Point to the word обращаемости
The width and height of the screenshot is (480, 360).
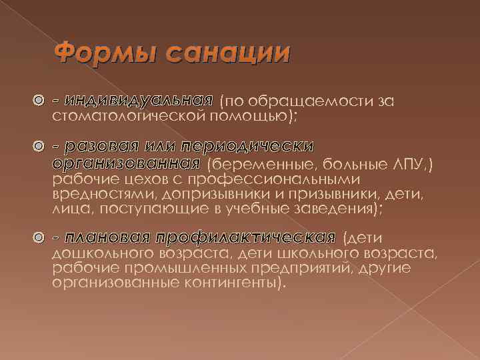[304, 101]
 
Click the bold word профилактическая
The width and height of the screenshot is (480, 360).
[245, 238]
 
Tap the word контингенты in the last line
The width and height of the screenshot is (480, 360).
[230, 283]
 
